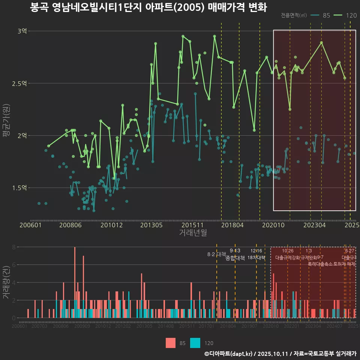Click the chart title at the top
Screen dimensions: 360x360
click(x=148, y=8)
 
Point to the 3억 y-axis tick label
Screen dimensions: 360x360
click(x=22, y=31)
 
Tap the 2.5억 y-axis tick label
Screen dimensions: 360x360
click(x=19, y=83)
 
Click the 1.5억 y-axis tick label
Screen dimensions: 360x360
click(x=19, y=187)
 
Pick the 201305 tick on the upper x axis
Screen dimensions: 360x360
click(x=151, y=225)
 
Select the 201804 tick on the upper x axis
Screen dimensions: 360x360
click(x=232, y=225)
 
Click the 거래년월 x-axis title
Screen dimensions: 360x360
click(x=193, y=233)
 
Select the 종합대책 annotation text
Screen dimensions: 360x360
click(x=235, y=258)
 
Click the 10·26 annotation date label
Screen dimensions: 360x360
click(x=288, y=251)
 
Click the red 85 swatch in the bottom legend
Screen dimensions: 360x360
click(x=171, y=343)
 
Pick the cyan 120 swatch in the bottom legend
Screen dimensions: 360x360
click(x=195, y=343)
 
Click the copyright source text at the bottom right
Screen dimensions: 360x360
click(x=280, y=354)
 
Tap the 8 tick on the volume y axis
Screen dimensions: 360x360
click(x=13, y=247)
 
